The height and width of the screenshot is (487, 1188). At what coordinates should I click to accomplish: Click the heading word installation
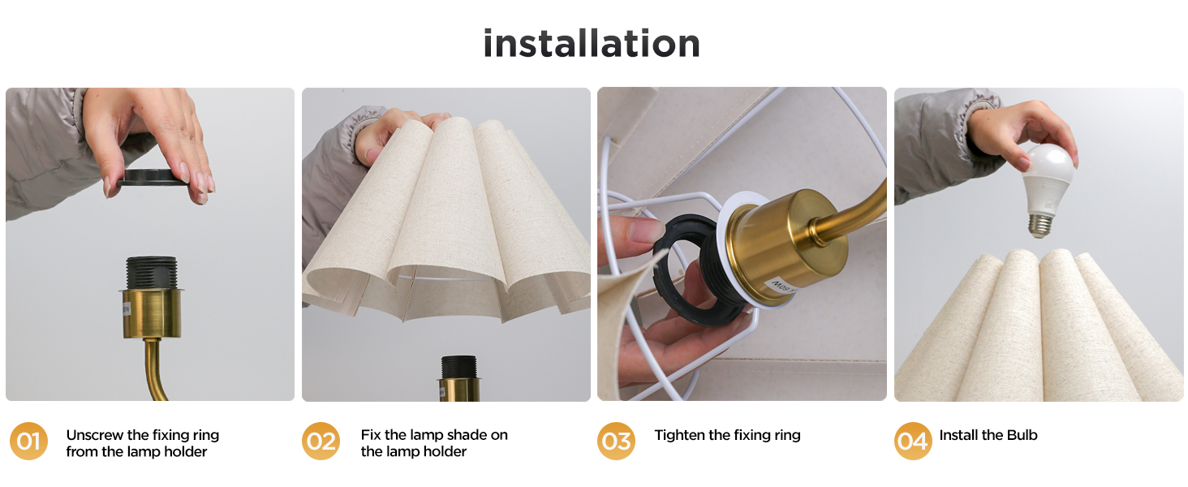[x=592, y=43]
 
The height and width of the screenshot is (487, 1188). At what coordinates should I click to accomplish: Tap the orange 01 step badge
[x=28, y=442]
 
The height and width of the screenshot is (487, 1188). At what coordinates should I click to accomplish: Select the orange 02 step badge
[x=321, y=442]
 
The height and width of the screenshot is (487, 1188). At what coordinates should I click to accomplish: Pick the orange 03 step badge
[x=617, y=442]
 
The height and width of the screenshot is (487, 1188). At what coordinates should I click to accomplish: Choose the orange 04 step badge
[x=913, y=442]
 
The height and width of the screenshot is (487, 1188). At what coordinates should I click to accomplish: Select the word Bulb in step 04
[x=1022, y=435]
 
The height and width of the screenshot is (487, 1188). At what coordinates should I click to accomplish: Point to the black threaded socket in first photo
[x=152, y=272]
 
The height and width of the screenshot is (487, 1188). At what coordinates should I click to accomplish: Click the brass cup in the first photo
[x=152, y=312]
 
